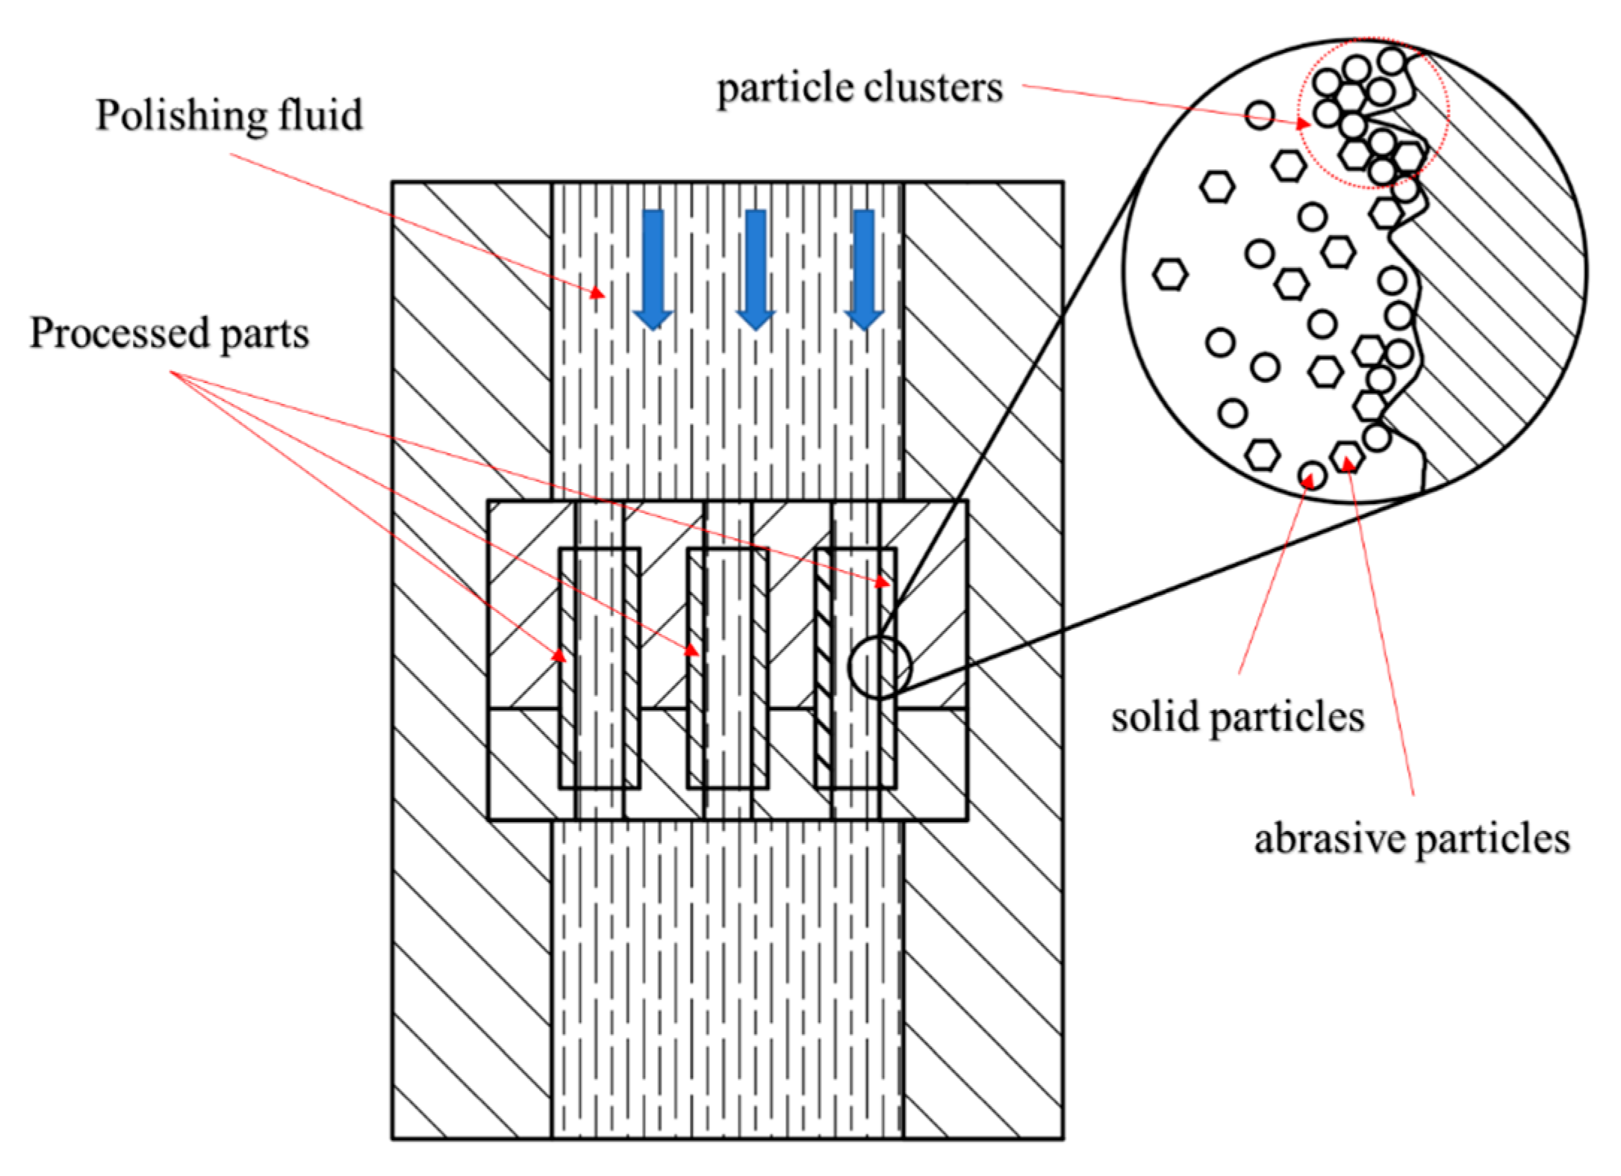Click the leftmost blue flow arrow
[653, 269]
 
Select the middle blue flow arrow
[756, 269]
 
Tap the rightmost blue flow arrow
[864, 269]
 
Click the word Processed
[119, 333]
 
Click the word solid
[1154, 718]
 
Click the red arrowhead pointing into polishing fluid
[597, 293]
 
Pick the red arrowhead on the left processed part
[559, 656]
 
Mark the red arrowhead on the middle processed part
[692, 650]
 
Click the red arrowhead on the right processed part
[883, 580]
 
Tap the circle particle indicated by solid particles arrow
[1312, 474]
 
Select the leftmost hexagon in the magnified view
[1170, 274]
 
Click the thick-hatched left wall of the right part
[824, 668]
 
